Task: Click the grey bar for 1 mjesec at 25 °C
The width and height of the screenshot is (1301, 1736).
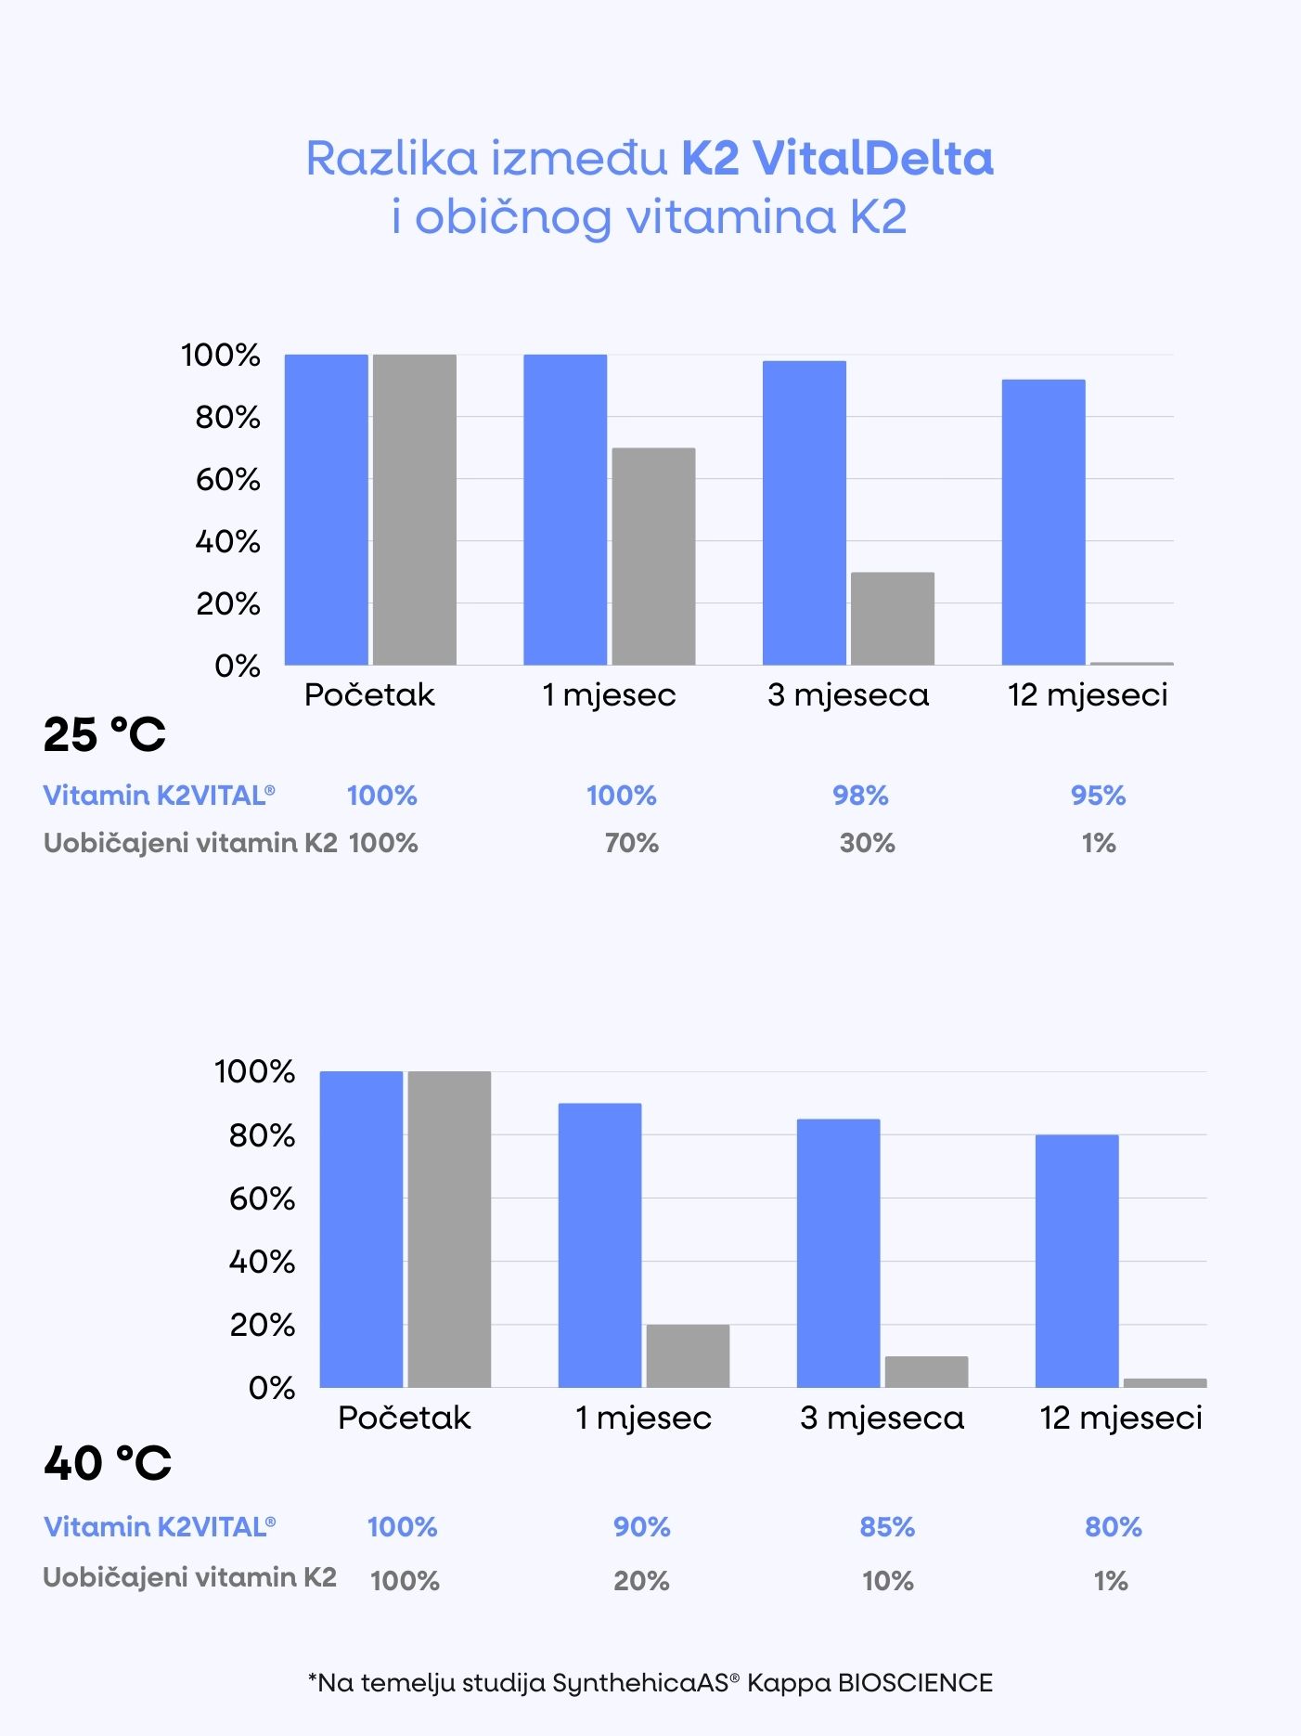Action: (x=653, y=556)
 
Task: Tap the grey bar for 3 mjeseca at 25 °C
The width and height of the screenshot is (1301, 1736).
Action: (x=892, y=618)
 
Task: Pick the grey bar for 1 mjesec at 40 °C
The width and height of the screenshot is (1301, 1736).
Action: (x=688, y=1355)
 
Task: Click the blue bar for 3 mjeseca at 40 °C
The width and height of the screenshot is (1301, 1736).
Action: (x=838, y=1253)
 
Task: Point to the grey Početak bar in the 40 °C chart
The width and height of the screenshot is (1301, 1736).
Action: (x=449, y=1229)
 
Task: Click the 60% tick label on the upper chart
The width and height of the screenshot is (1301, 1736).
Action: (x=227, y=480)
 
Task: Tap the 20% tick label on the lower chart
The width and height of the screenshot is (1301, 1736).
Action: (x=262, y=1325)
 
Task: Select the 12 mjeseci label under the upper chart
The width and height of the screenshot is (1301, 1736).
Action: (x=1088, y=694)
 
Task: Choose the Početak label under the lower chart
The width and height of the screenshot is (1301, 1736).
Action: (x=405, y=1418)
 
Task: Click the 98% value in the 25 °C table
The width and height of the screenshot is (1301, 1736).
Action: (x=860, y=796)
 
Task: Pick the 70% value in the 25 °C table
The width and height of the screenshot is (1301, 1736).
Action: (x=631, y=843)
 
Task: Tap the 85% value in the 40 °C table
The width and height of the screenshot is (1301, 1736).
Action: (x=887, y=1527)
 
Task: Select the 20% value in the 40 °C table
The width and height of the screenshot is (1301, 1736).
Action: (x=641, y=1580)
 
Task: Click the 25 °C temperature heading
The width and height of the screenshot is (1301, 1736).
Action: (x=104, y=734)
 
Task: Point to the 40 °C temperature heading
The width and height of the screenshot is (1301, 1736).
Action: (x=108, y=1464)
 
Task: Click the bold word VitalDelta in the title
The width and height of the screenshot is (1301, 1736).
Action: (x=872, y=158)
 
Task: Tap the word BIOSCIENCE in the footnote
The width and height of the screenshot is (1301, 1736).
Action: (x=915, y=1683)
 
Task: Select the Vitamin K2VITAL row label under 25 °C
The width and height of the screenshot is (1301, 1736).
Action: (x=159, y=796)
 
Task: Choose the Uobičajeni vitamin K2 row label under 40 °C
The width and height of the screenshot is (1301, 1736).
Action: (x=189, y=1577)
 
